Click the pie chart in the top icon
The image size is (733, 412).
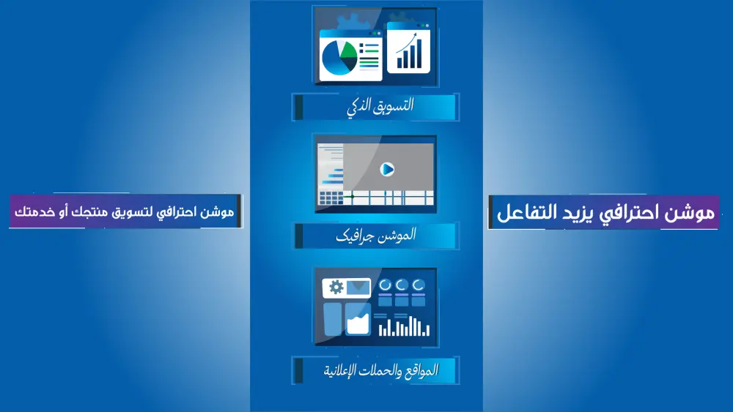[x=339, y=58]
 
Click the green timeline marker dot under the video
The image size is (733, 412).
[x=353, y=196]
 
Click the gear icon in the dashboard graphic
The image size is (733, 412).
[x=336, y=287]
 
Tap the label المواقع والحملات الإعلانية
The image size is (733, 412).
[x=380, y=370]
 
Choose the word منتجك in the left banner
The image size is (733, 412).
[x=89, y=212]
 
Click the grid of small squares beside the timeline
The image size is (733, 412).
[x=331, y=198]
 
